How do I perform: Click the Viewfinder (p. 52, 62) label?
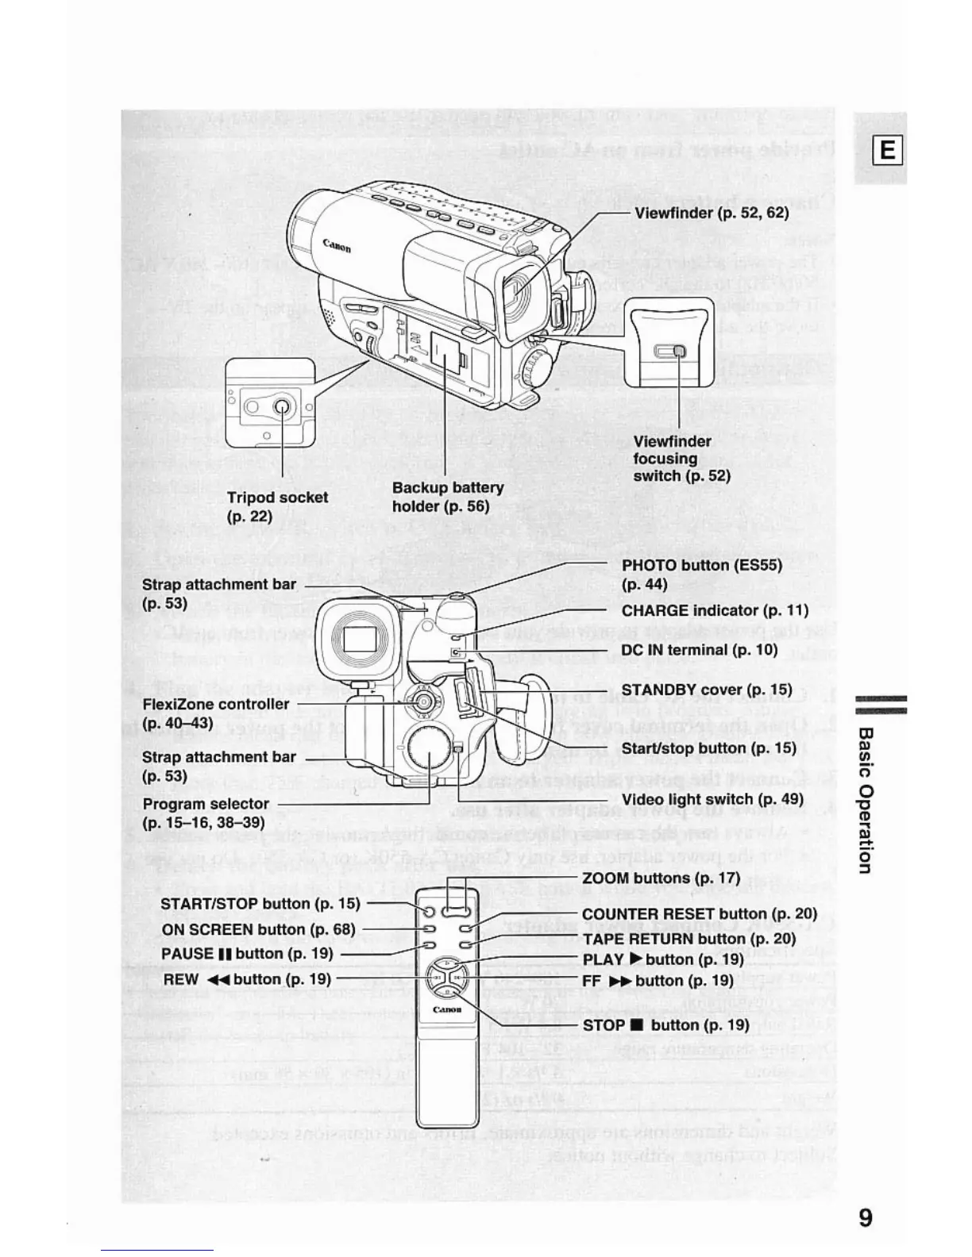coord(711,213)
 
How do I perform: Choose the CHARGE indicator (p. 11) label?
coord(715,610)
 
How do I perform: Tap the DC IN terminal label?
coord(699,650)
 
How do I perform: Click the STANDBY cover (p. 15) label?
coord(707,690)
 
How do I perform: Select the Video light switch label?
coord(712,799)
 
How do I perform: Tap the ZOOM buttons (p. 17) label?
coord(661,878)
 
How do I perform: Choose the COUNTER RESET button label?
coord(699,914)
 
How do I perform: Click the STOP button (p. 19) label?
coord(665,1024)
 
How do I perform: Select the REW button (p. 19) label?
coord(247,979)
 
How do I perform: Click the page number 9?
coord(865,1217)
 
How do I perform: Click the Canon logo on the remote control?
coord(446,1010)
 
